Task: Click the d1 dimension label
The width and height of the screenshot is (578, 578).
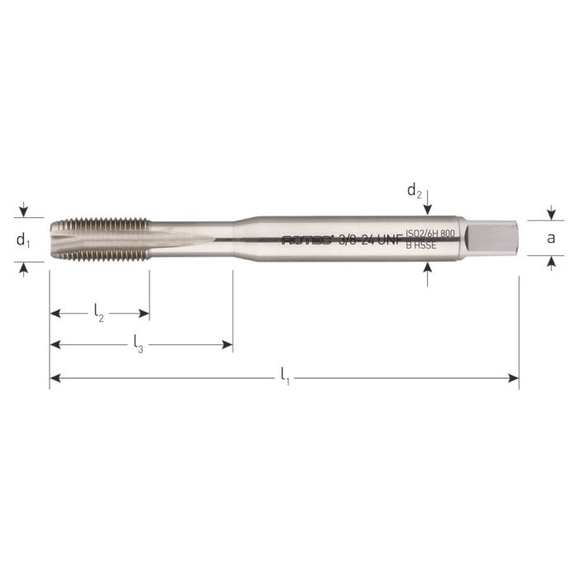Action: point(23,240)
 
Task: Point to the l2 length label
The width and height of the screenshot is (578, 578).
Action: point(99,314)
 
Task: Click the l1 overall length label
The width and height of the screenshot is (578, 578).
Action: point(284,379)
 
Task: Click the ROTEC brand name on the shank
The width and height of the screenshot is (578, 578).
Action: point(307,240)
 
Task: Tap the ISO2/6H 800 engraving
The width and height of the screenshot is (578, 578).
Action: point(430,234)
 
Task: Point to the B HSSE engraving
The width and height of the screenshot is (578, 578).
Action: point(419,245)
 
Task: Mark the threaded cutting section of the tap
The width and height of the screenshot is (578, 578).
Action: point(99,239)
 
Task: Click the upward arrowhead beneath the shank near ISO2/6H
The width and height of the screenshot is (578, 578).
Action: point(427,268)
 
